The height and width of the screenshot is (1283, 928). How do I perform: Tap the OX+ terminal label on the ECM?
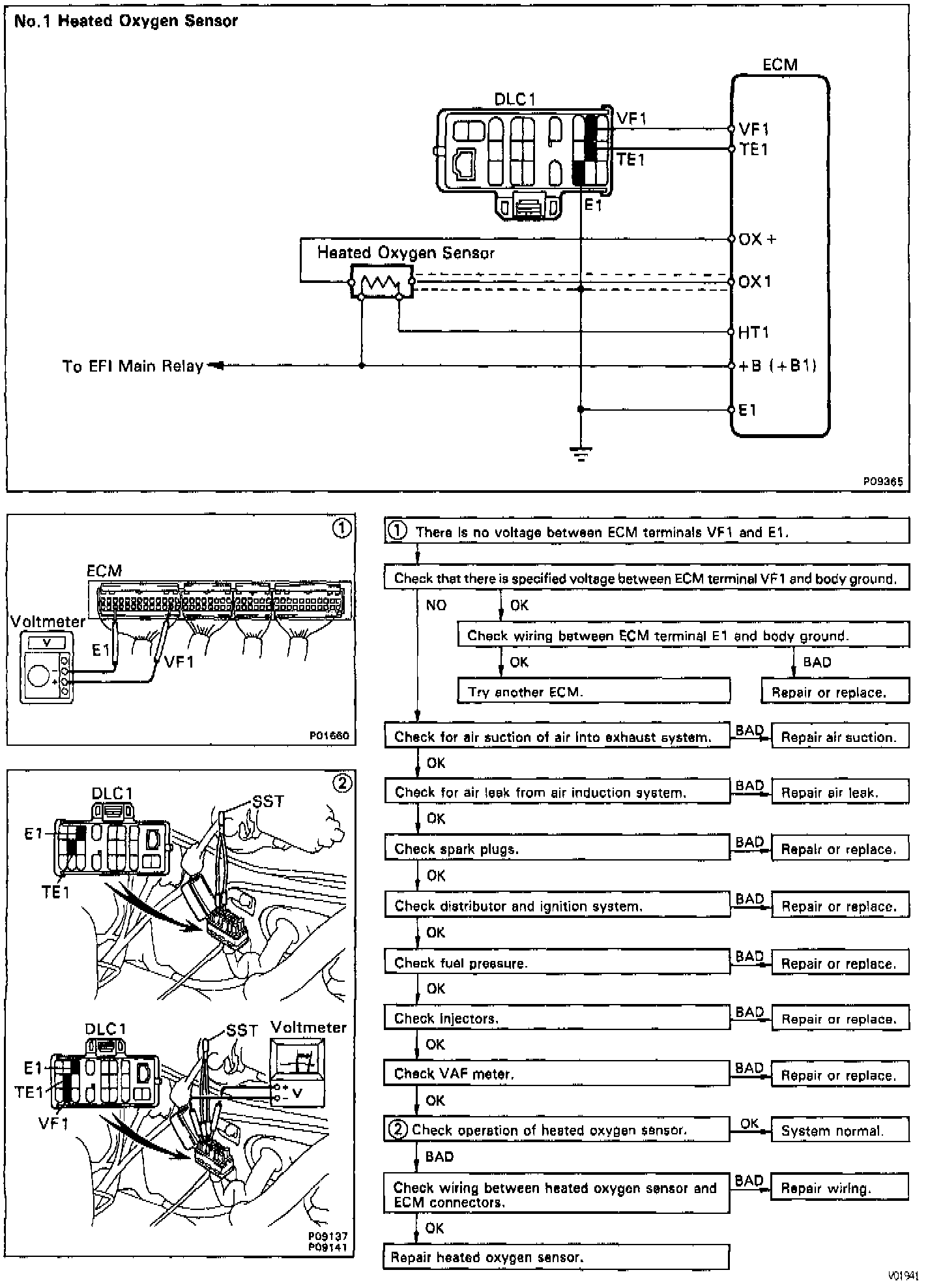(757, 239)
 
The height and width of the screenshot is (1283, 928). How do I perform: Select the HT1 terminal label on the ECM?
(753, 332)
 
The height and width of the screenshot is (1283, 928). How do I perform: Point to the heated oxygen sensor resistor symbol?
(382, 282)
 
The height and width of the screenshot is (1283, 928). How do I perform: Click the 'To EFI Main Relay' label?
(133, 366)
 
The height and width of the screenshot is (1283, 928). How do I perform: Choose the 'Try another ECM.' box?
(594, 691)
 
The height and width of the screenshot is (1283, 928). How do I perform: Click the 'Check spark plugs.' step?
(557, 848)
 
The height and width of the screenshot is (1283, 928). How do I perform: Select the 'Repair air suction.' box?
(840, 737)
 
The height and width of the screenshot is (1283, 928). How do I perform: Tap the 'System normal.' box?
(840, 1130)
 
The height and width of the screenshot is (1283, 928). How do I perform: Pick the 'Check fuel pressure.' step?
(557, 962)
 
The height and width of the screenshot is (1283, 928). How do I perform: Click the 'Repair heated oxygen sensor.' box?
(556, 1257)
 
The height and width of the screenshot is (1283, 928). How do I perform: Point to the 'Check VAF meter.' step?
(557, 1074)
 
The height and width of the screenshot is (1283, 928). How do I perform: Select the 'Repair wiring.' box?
(839, 1188)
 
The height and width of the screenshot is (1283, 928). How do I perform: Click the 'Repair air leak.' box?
(840, 792)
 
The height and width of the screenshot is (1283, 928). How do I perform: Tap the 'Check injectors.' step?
(557, 1018)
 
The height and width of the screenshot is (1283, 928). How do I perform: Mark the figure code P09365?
(883, 482)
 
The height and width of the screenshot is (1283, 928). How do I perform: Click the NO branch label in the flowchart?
(436, 606)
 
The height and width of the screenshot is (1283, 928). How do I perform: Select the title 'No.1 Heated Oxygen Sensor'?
(126, 21)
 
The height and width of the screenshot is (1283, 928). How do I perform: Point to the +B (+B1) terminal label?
(777, 366)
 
